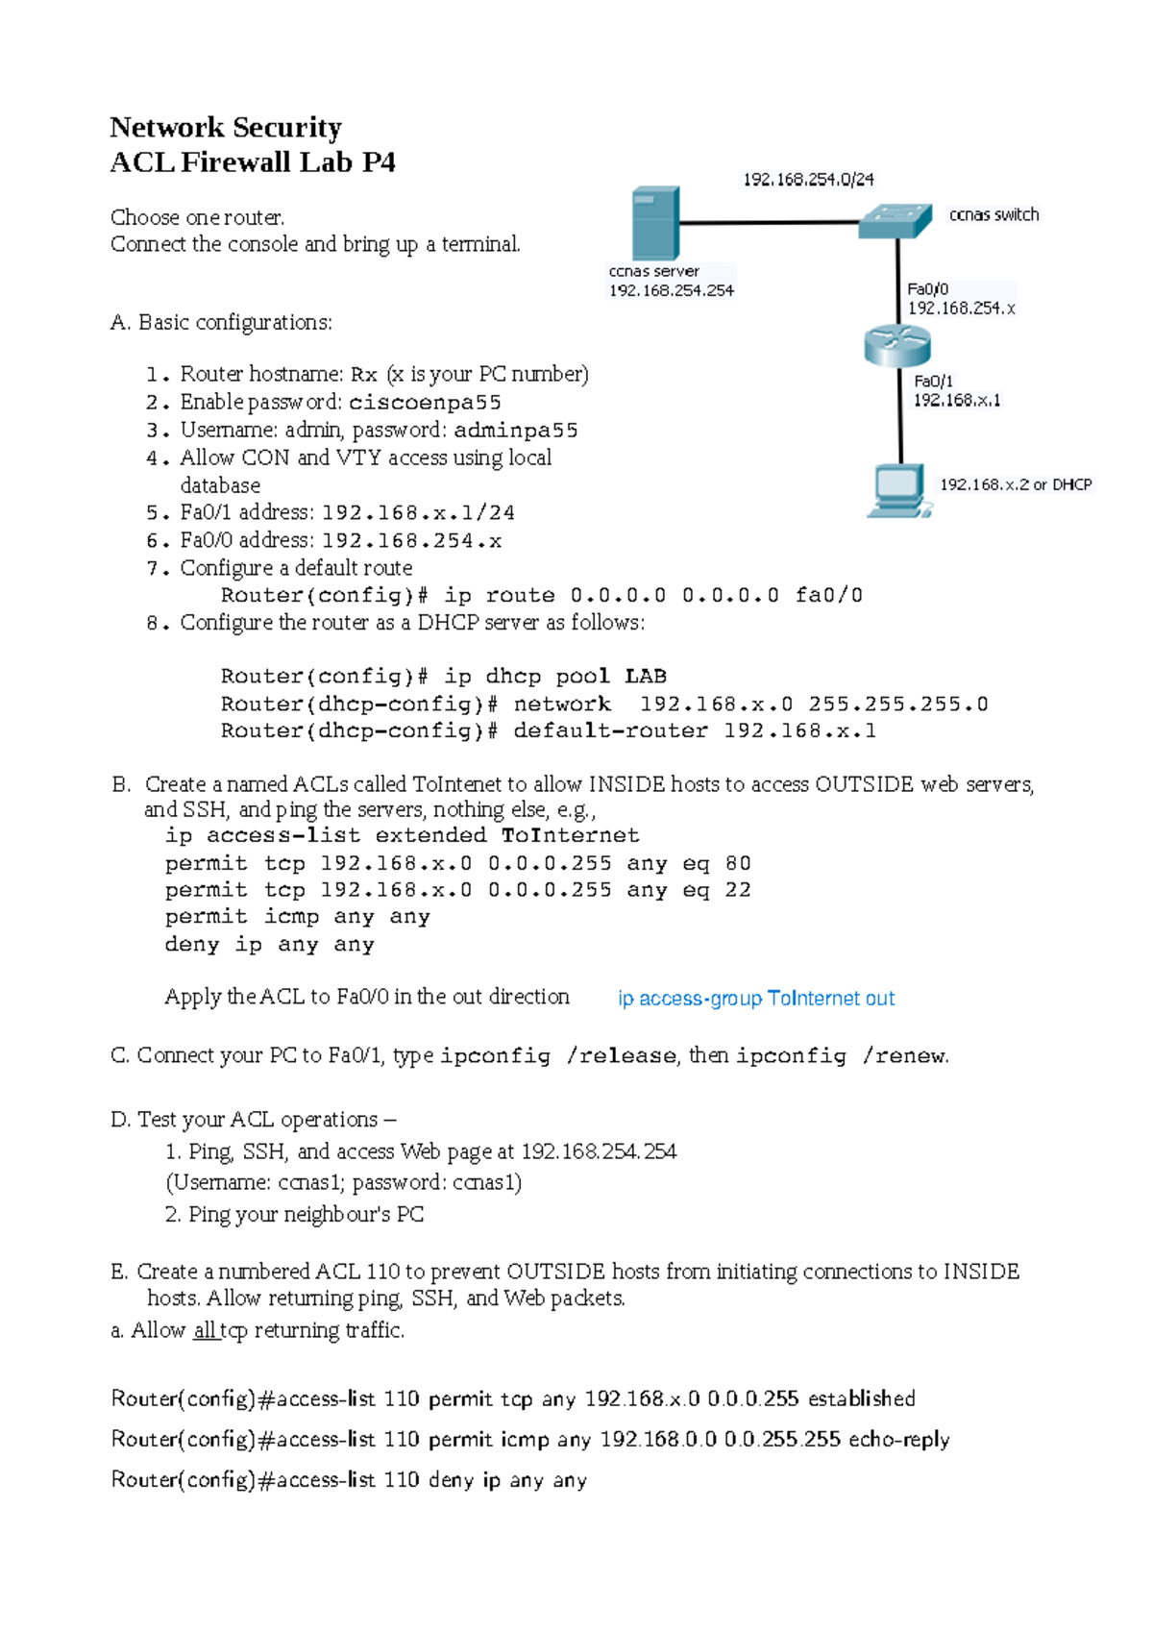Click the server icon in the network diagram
coord(655,224)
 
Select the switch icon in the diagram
coord(895,220)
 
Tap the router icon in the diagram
coord(897,345)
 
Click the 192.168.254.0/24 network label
coord(808,180)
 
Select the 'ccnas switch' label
coord(994,215)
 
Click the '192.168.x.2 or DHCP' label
coord(1016,485)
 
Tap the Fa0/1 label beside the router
coord(933,382)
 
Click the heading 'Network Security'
coord(226,128)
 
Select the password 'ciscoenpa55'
coord(425,403)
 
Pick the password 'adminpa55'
coord(516,431)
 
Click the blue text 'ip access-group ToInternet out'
coord(756,999)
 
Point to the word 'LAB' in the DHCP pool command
coord(646,677)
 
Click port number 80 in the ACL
coord(738,864)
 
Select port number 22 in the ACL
coord(738,891)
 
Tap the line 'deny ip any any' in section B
coord(269,946)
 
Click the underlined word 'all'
coord(204,1331)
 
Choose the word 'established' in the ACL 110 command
coord(861,1399)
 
